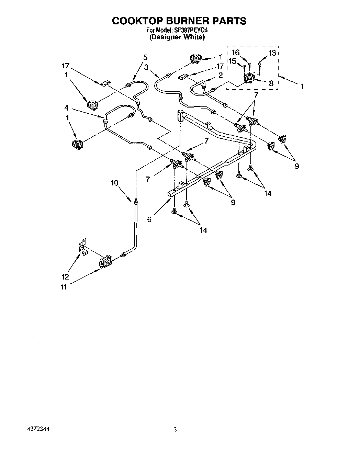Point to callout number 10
coord(114,183)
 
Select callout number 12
coord(65,277)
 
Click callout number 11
coord(64,287)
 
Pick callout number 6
coord(149,219)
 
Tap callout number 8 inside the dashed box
coord(271,83)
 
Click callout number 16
coord(235,53)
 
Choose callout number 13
coord(272,53)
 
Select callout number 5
coord(145,57)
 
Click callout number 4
coord(66,108)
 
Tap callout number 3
coord(146,67)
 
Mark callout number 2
coord(220,75)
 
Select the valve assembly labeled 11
coord(105,262)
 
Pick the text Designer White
coord(177,37)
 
